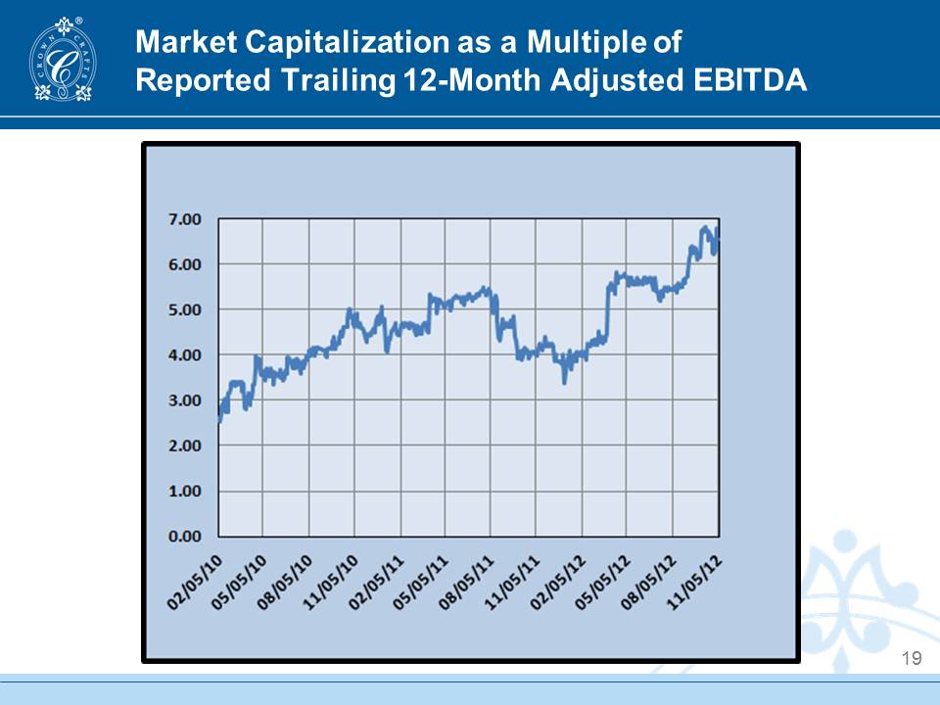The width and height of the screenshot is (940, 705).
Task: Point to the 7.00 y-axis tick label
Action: (185, 219)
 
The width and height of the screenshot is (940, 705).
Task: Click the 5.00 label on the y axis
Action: (185, 309)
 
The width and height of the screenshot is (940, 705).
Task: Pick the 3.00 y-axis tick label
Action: (185, 400)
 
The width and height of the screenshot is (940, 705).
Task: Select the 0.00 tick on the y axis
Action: (185, 537)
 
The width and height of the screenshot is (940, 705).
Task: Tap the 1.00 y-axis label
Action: (185, 491)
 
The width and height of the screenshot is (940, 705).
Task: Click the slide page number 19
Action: (912, 659)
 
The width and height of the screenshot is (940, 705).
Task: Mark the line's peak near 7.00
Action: (705, 228)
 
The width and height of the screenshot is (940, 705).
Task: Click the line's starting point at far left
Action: (219, 422)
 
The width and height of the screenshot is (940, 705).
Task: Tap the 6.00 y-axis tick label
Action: (185, 264)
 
